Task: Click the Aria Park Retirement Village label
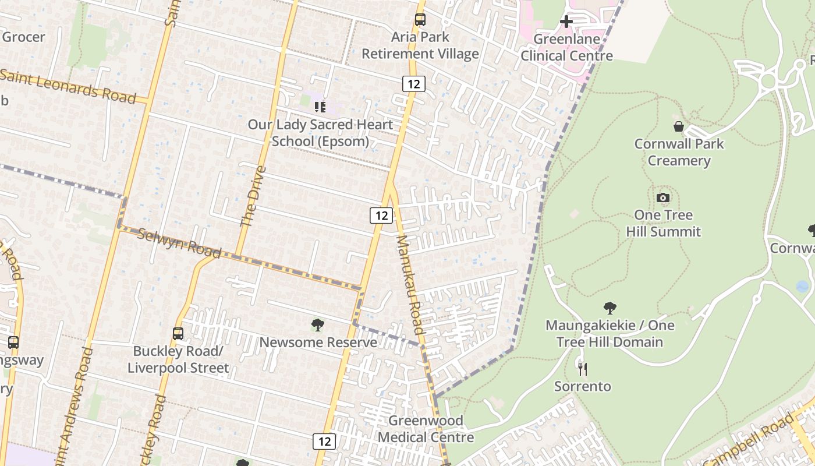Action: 420,45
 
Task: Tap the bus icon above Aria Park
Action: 420,20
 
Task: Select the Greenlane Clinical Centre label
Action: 566,48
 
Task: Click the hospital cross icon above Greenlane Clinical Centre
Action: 566,22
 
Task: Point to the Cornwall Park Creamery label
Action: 679,152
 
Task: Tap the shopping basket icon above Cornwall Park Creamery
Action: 679,126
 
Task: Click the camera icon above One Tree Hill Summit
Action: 663,198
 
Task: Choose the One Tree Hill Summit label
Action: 663,223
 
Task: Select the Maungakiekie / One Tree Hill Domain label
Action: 610,333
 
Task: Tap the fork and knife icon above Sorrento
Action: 582,369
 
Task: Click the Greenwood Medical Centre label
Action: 426,429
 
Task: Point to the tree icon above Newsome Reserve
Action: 317,325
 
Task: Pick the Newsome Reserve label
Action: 318,342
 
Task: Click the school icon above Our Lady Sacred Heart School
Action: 320,107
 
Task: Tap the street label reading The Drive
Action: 253,196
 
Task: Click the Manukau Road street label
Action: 409,285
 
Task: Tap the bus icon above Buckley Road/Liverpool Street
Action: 178,334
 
